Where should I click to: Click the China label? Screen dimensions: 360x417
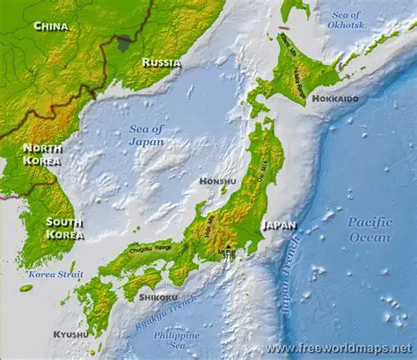tap(51, 26)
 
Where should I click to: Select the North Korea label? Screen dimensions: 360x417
tap(42, 155)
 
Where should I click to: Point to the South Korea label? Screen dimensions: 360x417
tap(64, 228)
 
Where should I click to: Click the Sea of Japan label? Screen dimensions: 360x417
tap(146, 134)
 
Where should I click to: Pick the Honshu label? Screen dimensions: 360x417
tap(217, 181)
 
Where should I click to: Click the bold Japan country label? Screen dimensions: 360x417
tap(279, 224)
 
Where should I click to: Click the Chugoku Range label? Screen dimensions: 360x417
tap(151, 249)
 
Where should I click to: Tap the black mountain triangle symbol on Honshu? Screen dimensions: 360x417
tap(227, 248)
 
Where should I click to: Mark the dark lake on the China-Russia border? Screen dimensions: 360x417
tap(125, 41)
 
